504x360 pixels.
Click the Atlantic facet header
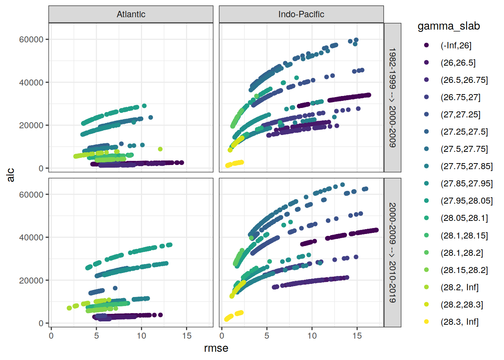[131, 14]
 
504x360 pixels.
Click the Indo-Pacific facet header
[301, 14]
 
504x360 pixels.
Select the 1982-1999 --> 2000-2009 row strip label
[392, 97]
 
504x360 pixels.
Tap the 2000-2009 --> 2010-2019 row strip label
[392, 252]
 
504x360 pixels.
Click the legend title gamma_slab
[448, 26]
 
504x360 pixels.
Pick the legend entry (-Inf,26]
[456, 45]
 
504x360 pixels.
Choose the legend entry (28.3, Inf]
[459, 322]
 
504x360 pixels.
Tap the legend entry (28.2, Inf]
[459, 287]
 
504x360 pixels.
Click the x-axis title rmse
[216, 348]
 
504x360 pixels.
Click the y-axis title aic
[10, 175]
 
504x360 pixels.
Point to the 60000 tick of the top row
[31, 39]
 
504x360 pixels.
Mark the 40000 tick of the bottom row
[31, 237]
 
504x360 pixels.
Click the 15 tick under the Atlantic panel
[187, 336]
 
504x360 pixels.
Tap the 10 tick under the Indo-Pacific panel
[312, 336]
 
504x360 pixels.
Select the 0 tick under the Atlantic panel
[51, 336]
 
